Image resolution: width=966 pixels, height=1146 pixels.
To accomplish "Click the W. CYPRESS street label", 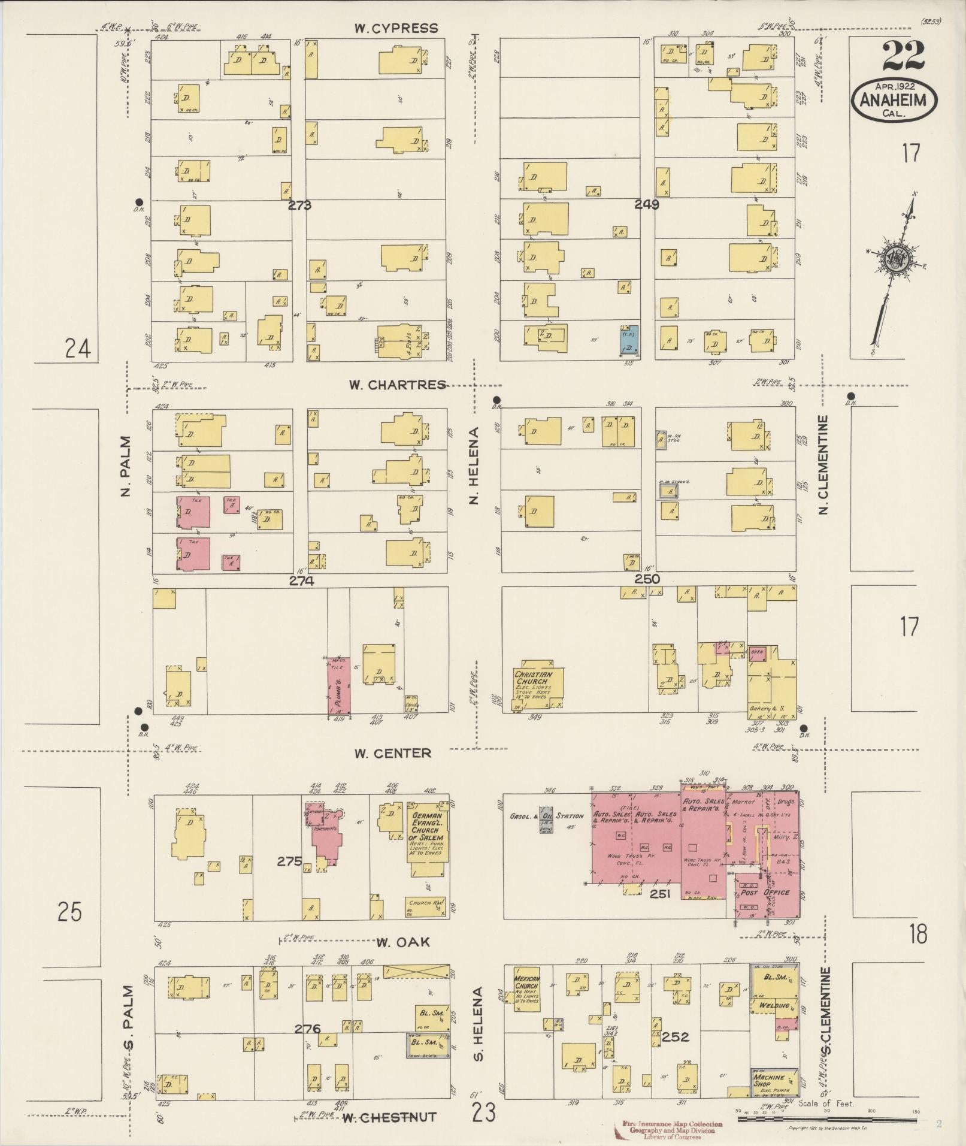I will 395,28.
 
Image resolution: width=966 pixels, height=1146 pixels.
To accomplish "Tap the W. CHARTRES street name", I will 398,385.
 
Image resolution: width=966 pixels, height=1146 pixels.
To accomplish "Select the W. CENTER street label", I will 392,753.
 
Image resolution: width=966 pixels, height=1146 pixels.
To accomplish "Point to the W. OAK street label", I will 403,942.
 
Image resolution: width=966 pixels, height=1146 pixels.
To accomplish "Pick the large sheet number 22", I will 903,57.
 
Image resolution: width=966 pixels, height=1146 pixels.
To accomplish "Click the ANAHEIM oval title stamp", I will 894,100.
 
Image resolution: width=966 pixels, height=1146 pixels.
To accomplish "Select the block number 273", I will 299,205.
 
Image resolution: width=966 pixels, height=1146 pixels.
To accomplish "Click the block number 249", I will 647,204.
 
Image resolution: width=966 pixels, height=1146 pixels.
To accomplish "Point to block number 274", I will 301,580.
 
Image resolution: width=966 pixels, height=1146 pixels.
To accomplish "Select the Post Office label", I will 765,909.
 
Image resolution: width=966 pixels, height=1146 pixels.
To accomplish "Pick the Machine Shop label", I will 770,1080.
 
